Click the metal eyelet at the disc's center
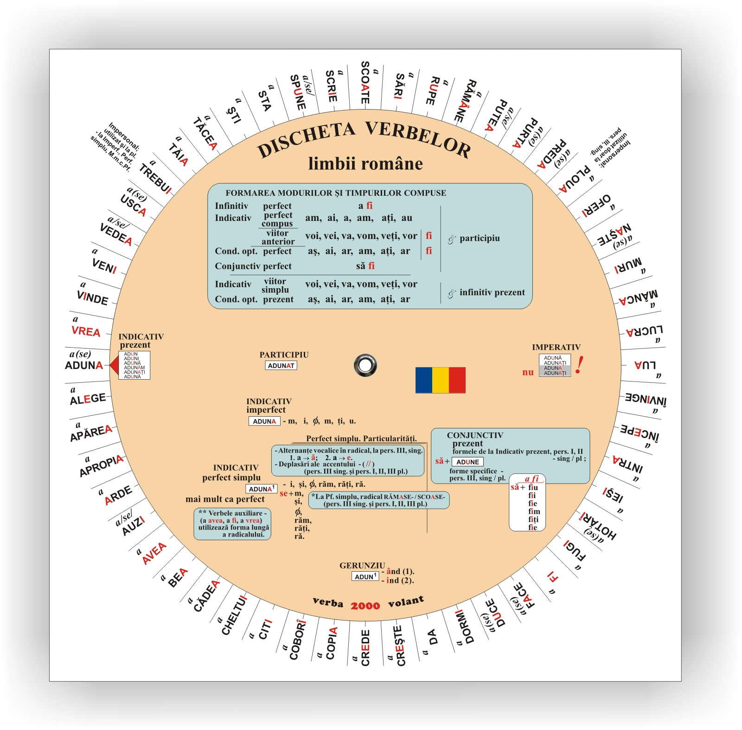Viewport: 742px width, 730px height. click(365, 365)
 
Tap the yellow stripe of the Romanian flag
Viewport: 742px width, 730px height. click(440, 380)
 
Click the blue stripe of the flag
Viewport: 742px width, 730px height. click(423, 380)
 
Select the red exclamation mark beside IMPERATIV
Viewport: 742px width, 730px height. click(579, 365)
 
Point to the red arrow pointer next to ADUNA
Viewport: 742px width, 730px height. click(114, 366)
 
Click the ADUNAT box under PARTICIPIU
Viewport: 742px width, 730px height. click(281, 366)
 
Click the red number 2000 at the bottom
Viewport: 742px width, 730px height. click(365, 606)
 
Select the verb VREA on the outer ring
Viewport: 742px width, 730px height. click(86, 331)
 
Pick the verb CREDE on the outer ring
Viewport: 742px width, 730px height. click(365, 647)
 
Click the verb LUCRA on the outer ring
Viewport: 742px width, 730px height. click(644, 331)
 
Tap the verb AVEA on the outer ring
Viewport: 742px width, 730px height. click(154, 553)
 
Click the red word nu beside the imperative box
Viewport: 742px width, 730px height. click(528, 372)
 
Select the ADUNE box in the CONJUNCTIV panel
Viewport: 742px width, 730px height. click(467, 462)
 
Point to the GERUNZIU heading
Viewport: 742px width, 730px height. click(362, 565)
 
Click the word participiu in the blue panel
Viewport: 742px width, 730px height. click(480, 238)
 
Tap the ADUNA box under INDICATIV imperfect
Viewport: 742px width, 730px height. click(264, 421)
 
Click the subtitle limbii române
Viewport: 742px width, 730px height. click(365, 164)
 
